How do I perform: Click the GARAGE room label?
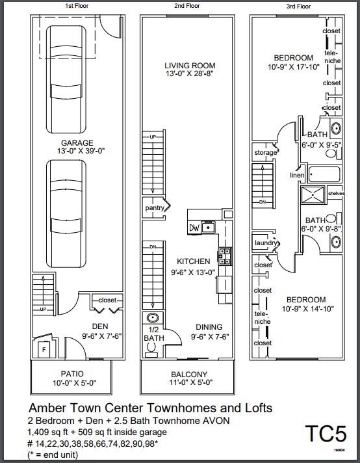point(77,143)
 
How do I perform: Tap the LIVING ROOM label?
point(189,66)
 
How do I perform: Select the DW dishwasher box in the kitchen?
point(194,228)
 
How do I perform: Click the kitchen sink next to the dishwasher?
point(208,227)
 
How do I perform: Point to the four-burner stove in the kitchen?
point(224,256)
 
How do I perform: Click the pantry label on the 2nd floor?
point(154,208)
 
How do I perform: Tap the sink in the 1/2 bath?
point(153,318)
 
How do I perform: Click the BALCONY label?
point(189,375)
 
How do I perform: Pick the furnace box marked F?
point(45,349)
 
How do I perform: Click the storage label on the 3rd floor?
point(265,153)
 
